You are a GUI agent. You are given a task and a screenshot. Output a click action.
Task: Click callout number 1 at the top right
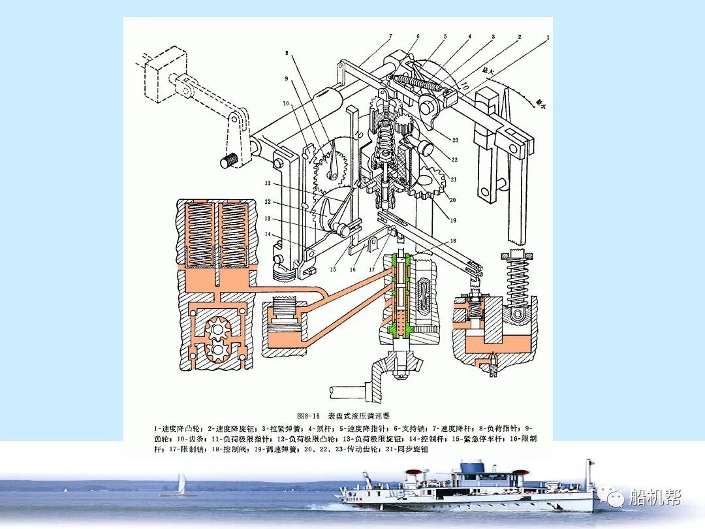(x=548, y=37)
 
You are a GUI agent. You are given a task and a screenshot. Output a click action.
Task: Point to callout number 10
(x=285, y=103)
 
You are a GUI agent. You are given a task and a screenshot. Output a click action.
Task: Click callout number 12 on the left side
(x=268, y=202)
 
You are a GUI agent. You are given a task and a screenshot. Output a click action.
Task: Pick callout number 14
(x=268, y=233)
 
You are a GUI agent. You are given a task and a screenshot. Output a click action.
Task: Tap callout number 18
(x=453, y=241)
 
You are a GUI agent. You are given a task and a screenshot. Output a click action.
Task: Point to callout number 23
(x=454, y=139)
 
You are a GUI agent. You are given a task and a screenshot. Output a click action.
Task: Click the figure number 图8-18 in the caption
(x=308, y=415)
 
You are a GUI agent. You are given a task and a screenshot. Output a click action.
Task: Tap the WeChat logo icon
(x=615, y=498)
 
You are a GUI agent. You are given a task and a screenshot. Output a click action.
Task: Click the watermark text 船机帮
(x=655, y=498)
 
